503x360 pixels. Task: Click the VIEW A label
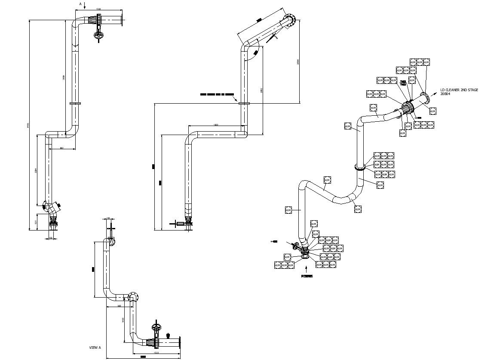pos(95,347)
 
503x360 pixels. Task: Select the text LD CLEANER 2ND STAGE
pos(459,90)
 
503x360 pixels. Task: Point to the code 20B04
pos(445,94)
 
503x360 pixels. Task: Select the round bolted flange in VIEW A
pos(134,297)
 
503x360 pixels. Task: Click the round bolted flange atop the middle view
pos(290,20)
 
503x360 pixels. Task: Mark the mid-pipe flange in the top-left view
pos(75,103)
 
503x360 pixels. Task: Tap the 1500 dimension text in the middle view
pos(216,125)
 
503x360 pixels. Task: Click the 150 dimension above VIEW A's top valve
pos(108,218)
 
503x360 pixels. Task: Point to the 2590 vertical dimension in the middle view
pos(298,62)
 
